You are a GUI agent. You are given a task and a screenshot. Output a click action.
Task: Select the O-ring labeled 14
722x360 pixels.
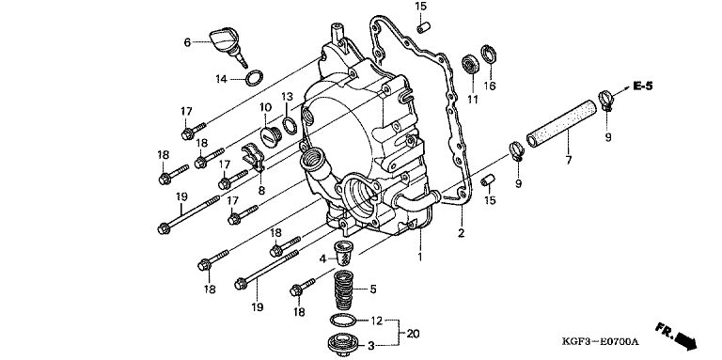click(x=254, y=78)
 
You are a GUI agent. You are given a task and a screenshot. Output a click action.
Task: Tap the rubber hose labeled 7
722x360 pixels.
click(x=561, y=123)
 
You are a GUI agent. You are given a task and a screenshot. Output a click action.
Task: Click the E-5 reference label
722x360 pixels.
click(x=642, y=86)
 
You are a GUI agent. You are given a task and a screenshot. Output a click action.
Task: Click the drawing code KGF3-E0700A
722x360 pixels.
click(x=601, y=341)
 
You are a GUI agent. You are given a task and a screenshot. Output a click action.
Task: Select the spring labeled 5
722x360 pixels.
click(x=343, y=290)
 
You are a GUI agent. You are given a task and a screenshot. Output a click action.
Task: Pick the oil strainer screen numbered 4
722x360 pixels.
click(x=342, y=252)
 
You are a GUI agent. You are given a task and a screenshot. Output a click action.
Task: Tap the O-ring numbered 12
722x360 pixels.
click(x=344, y=320)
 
